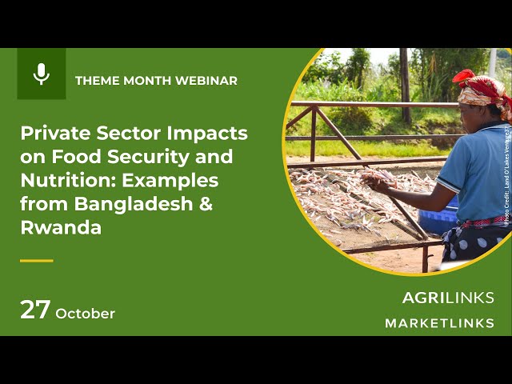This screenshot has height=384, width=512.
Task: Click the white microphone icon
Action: click(42, 74)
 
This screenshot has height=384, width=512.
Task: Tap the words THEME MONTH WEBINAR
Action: click(156, 81)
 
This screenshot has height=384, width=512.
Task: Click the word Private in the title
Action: click(50, 133)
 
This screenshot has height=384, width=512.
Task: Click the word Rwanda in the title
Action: click(61, 227)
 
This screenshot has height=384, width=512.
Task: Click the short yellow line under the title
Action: click(36, 260)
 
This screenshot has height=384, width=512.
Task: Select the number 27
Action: click(35, 310)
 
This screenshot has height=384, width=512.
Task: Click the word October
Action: click(85, 314)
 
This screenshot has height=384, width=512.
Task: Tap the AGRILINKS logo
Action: click(447, 298)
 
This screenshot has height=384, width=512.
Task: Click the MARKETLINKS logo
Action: click(439, 323)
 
